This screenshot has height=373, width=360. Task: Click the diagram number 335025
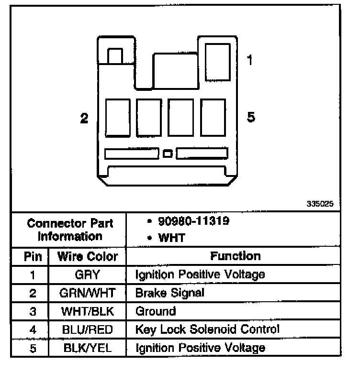click(320, 204)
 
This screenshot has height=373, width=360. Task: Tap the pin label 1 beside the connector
click(250, 61)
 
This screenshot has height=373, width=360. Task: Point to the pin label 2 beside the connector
click(84, 118)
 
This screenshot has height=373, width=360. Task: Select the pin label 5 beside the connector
click(250, 117)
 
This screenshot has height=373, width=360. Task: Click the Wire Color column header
click(87, 256)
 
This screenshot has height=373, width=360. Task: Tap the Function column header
click(236, 256)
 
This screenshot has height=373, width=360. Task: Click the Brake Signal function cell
click(169, 293)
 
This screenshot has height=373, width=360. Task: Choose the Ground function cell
click(156, 311)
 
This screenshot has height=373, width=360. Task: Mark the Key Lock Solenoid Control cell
click(207, 329)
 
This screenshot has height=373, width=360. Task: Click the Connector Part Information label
click(70, 230)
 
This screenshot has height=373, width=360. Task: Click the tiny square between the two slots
click(168, 154)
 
